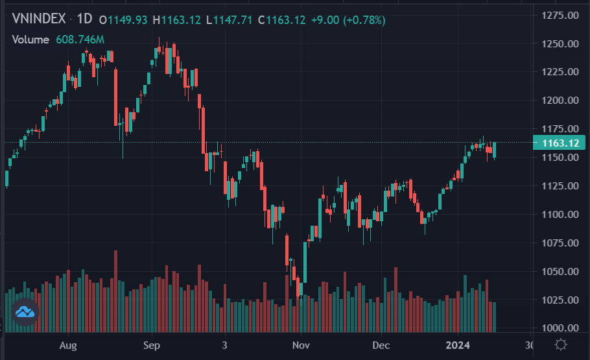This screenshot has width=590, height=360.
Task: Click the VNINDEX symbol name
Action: [x=39, y=19]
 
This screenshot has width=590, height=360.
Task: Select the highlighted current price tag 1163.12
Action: [x=560, y=143]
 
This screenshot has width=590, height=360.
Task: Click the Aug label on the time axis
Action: [x=67, y=345]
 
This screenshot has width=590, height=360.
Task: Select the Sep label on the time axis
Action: [x=152, y=345]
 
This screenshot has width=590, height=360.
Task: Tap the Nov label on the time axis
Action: [x=300, y=345]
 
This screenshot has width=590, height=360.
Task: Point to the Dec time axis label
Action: [x=381, y=345]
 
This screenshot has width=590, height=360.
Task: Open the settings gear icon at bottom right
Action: [x=562, y=344]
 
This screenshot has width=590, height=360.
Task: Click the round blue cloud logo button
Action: [x=25, y=313]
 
